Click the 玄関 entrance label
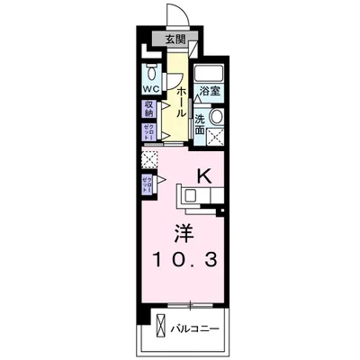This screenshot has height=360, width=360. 175,39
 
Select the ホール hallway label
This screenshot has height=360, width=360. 180,97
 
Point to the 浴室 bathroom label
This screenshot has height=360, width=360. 210,92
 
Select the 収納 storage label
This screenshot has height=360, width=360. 149,110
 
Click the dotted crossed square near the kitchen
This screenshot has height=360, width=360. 148,160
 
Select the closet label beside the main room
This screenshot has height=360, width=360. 146,185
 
